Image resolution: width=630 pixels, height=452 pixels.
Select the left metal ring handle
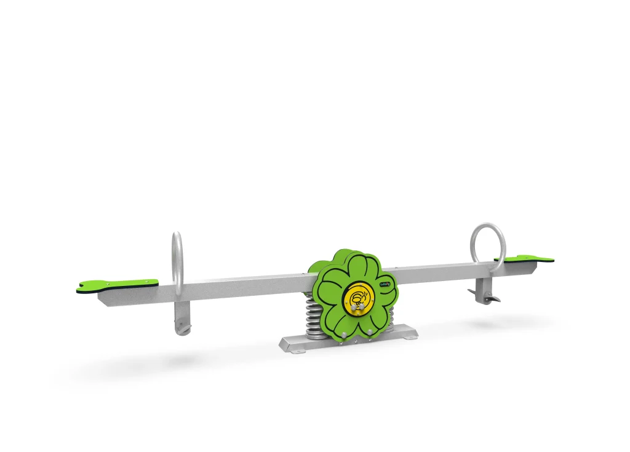point(177,261)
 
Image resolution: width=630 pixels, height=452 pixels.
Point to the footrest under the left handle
point(183,326)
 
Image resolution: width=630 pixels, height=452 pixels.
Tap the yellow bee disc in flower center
point(359,299)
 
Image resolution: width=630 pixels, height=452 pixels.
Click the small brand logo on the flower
point(385,283)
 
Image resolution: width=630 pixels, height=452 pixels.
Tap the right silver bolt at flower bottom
point(370,332)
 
